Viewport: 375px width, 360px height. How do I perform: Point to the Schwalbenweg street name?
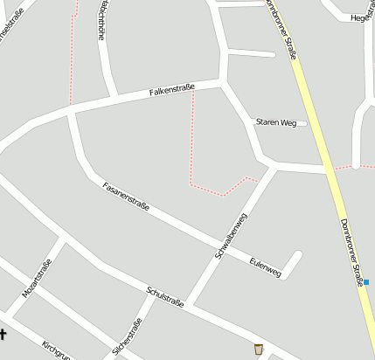click(232, 236)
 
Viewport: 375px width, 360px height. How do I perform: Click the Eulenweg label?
click(264, 267)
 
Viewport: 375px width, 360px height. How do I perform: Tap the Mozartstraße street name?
click(37, 279)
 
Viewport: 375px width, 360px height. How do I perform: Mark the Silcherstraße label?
click(128, 339)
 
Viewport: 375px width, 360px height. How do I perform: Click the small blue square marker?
click(366, 281)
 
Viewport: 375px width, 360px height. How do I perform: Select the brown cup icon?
click(258, 350)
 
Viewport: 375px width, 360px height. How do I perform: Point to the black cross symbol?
click(3, 332)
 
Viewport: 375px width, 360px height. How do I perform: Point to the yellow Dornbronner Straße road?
click(316, 114)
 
